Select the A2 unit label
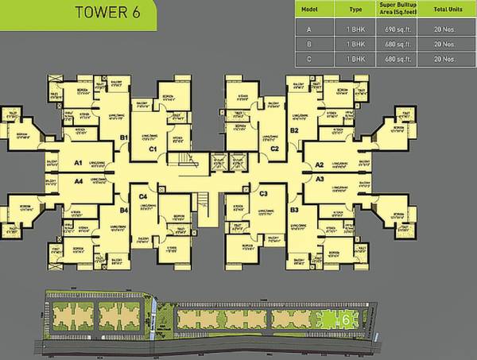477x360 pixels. (x=320, y=165)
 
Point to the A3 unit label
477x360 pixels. (x=320, y=180)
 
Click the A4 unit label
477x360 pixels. (x=79, y=180)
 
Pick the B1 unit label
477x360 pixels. (x=124, y=137)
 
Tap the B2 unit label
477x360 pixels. (x=294, y=130)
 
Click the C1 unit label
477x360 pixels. (x=152, y=148)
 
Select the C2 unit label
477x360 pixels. (x=274, y=148)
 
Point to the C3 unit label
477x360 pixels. (x=263, y=194)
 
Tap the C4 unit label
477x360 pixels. (x=143, y=195)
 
